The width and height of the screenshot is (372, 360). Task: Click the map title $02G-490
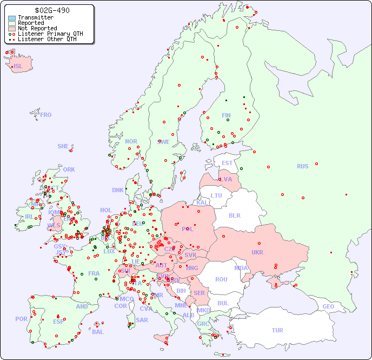tap(51, 10)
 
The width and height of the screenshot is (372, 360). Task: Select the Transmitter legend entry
tap(35, 17)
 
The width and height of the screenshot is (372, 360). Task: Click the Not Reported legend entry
tap(37, 28)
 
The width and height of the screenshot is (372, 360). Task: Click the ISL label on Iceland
tap(18, 67)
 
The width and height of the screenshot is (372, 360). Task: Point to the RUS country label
tap(302, 166)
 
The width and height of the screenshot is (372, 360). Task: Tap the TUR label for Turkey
tap(277, 330)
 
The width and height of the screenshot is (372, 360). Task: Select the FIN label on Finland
tap(226, 115)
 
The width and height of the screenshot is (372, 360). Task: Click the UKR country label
tap(257, 252)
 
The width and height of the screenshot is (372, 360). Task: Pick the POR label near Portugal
tap(21, 319)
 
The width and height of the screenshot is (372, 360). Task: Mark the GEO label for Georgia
tap(328, 306)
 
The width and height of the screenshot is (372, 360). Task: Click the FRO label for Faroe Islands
tap(46, 115)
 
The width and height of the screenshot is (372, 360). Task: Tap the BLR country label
tap(235, 215)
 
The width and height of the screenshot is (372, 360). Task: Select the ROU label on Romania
tap(221, 279)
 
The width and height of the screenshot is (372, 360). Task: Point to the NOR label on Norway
tap(131, 141)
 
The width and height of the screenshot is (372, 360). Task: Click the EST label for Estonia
tap(227, 163)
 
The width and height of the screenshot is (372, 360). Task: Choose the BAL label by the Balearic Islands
tap(97, 332)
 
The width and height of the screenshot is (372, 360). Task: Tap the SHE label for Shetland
tap(63, 146)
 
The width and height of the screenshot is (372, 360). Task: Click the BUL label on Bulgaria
tap(223, 303)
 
